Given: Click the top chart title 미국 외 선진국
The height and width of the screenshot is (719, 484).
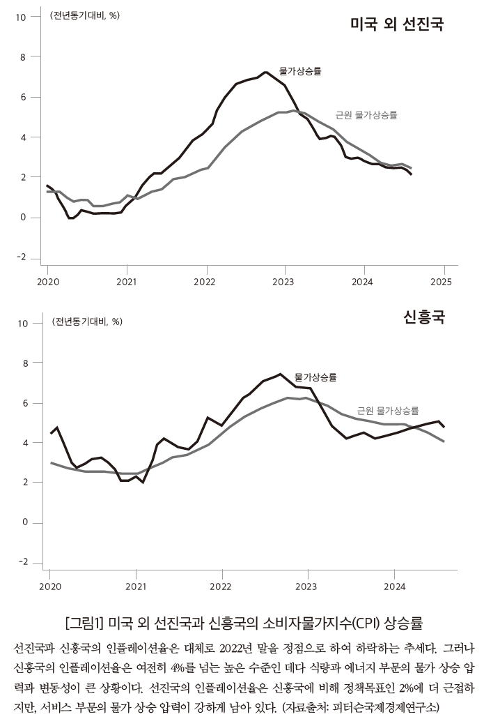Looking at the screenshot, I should point(397,25).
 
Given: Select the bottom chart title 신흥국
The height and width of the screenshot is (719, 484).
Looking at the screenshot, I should point(424,318).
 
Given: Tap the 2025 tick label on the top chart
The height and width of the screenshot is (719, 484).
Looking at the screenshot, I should point(442,282).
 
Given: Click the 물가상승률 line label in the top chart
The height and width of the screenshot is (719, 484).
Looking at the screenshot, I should point(300,71).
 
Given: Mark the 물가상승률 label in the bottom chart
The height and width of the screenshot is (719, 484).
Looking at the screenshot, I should point(315,377).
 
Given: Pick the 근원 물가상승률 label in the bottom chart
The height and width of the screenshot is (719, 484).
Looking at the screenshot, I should point(388,411).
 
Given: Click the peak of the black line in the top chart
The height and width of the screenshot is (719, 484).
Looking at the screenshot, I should point(266,72).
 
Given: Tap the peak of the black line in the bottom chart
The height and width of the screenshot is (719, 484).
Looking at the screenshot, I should point(280,374).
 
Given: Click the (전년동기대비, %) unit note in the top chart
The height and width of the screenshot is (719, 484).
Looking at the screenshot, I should point(84,15).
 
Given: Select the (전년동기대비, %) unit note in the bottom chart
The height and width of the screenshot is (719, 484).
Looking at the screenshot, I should point(87,321).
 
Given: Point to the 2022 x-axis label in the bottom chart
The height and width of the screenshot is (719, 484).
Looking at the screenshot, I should point(221,587).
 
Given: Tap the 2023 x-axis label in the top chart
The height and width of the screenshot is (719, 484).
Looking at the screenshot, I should point(284,282).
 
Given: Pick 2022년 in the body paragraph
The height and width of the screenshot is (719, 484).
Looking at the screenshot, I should point(259,649).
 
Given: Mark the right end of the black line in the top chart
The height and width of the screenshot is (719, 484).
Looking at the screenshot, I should point(412,174).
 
